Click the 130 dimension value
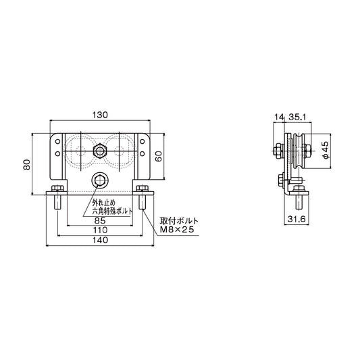tap(99, 115)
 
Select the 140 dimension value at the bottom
tap(99, 240)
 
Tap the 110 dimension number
tap(99, 230)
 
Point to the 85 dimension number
tap(99, 220)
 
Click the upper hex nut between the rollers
tap(99, 150)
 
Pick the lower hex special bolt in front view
tap(99, 180)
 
